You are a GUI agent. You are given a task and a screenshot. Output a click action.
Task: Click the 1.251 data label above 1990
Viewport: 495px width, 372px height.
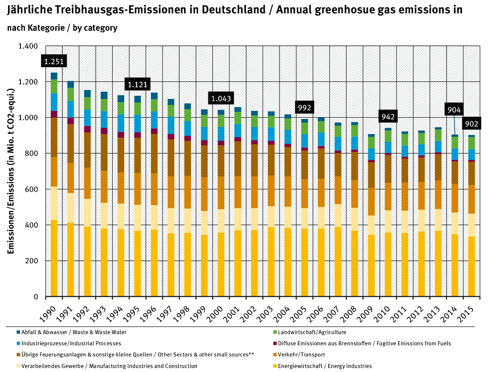[x=53, y=62]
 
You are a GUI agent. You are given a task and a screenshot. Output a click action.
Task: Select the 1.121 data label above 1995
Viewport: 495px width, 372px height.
[x=138, y=84]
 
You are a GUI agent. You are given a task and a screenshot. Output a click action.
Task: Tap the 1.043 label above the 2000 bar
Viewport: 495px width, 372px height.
[x=221, y=98]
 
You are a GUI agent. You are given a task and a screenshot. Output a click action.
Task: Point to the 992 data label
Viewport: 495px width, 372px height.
[x=305, y=107]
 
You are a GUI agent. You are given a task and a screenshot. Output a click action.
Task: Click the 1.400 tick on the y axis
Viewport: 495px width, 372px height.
[x=28, y=46]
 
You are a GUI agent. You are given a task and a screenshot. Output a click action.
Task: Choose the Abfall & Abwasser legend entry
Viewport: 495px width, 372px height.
[x=71, y=332]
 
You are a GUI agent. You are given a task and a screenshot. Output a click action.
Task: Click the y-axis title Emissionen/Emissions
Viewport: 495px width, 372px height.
[x=10, y=171]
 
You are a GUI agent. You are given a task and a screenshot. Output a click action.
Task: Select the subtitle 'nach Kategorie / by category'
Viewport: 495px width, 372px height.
[x=62, y=28]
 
